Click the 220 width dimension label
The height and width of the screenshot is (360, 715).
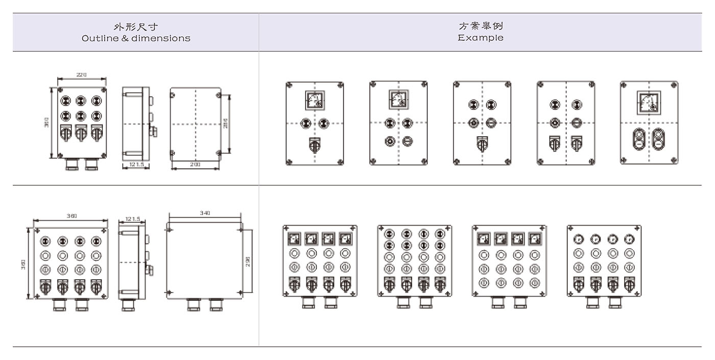82,75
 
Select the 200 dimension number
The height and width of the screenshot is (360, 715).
195,165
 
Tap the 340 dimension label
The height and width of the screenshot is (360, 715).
204,213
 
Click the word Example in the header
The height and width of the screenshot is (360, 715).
480,38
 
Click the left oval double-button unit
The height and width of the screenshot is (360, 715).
639,138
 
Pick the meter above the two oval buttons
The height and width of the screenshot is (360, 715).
649,101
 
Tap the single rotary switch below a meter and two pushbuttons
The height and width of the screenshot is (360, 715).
315,145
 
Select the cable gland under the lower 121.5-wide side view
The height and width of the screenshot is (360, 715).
128,305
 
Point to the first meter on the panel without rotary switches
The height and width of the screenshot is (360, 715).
484,238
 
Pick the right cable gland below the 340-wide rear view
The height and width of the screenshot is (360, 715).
216,304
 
